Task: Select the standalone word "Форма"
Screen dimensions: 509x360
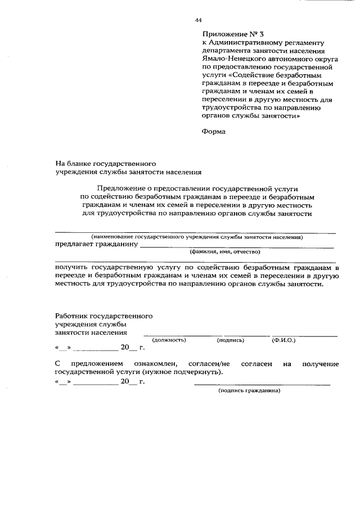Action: (213, 132)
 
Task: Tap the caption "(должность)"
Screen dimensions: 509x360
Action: (169, 340)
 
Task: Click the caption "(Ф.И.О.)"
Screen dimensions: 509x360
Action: (284, 340)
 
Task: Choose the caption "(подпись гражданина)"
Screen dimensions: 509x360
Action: (249, 390)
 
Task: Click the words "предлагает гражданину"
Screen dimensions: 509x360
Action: (96, 245)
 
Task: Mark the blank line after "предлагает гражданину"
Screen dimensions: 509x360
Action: (236, 247)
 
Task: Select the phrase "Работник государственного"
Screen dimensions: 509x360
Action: (103, 316)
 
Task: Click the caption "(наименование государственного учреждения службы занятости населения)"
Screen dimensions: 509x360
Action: (197, 237)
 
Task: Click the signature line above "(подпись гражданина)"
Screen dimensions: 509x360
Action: (262, 384)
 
